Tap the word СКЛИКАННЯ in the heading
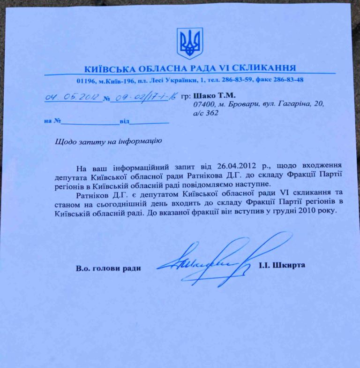point(266,68)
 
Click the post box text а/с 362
point(206,113)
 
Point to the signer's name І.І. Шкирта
point(281,266)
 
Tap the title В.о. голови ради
point(108,268)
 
